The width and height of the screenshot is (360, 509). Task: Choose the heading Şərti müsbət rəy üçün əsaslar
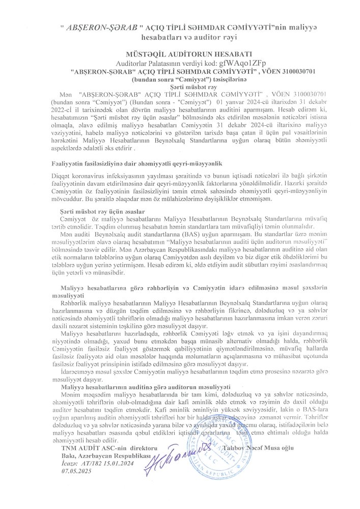tap(102, 211)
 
